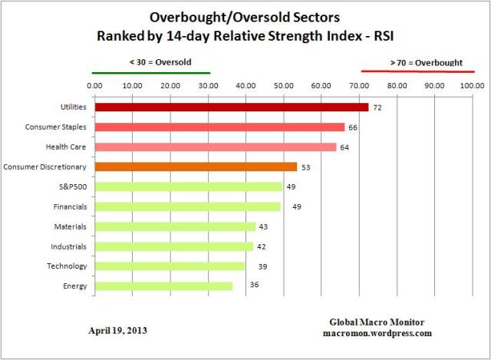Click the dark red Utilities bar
pos(230,107)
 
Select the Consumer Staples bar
pos(219,127)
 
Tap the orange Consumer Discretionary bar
pos(195,167)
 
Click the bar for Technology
pos(169,266)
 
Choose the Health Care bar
pos(215,147)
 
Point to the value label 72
pos(377,107)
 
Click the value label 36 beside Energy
pos(254,286)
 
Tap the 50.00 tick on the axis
pos(283,85)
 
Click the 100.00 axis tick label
pos(472,85)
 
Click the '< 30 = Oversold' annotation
pos(151,61)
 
